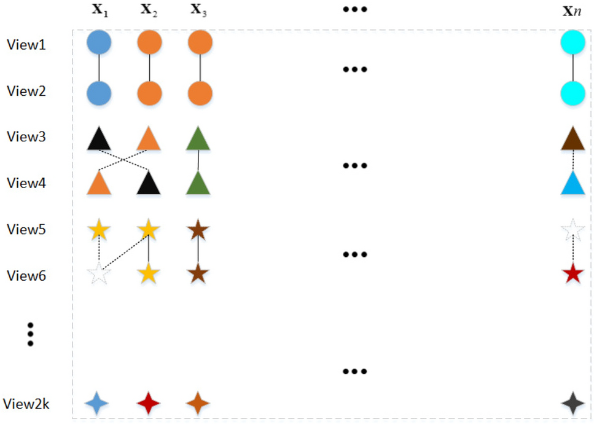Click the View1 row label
coord(26,44)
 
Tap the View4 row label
coord(26,183)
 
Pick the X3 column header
coord(198,11)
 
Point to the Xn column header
coord(572,11)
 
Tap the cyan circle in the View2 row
coord(573,93)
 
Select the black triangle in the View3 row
coord(99,139)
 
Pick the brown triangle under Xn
coord(573,139)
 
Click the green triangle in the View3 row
coord(198,139)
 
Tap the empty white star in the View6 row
coord(99,273)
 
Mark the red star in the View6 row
coord(573,273)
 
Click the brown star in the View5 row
coord(198,231)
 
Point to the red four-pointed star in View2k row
coord(149,404)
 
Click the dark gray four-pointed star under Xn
coord(573,404)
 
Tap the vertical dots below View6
coord(29,334)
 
